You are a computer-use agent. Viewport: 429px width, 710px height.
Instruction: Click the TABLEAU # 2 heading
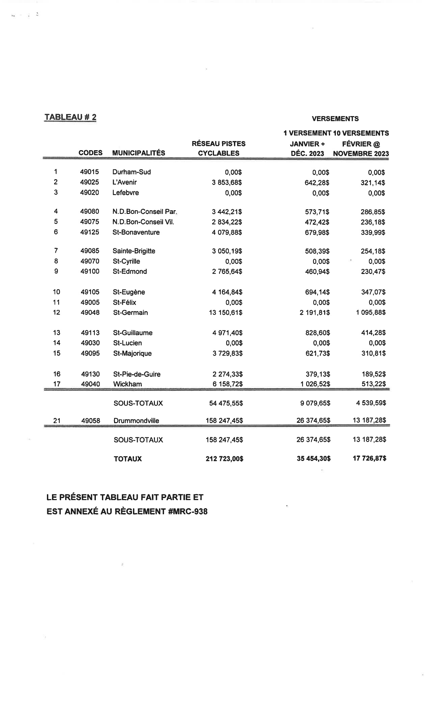tap(70, 117)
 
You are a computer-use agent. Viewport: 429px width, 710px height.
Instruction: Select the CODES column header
tap(90, 153)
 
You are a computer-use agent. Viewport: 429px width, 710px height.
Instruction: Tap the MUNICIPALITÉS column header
tap(139, 153)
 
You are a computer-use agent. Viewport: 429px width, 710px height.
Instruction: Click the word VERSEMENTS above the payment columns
tap(335, 119)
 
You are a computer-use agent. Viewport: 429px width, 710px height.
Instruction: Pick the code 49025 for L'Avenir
tap(89, 182)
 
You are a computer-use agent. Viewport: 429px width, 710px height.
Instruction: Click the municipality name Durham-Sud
tap(132, 172)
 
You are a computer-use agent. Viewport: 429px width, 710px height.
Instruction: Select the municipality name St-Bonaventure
tap(136, 232)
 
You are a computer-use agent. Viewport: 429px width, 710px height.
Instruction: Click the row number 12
tap(56, 312)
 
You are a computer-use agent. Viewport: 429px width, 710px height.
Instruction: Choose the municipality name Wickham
tap(128, 384)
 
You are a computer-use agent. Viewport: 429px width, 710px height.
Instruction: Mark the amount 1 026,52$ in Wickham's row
tap(315, 384)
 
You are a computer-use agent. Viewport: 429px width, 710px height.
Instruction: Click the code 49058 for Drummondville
tap(90, 421)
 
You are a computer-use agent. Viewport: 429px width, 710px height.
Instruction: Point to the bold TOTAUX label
tap(128, 459)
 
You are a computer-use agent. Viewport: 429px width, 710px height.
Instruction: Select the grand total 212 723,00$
tap(224, 459)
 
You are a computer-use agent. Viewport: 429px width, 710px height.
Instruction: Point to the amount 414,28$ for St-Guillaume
tap(373, 333)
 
